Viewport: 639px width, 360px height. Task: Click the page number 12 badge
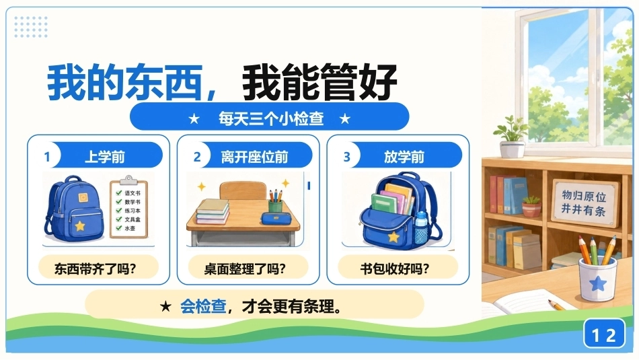[604, 334]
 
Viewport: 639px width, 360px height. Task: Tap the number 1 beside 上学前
[47, 157]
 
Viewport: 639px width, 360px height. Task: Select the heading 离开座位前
[254, 157]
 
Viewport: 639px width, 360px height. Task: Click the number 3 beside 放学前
[347, 157]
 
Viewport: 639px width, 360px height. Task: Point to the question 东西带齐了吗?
[95, 268]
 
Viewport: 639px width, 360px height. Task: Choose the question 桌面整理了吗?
[245, 268]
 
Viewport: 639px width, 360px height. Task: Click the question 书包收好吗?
[394, 268]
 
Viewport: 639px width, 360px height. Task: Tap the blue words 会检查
[203, 305]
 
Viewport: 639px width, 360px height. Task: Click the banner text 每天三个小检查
[271, 118]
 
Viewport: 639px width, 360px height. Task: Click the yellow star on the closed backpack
[80, 225]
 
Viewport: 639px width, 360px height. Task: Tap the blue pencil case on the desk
[276, 219]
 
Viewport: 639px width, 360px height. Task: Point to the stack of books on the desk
[213, 211]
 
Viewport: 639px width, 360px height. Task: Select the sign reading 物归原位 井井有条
[584, 203]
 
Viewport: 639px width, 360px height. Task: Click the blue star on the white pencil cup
[598, 283]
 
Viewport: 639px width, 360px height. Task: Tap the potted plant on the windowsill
[512, 137]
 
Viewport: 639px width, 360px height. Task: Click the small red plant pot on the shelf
[531, 207]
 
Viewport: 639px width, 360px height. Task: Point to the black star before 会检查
[165, 306]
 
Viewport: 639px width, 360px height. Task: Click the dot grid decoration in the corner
[31, 27]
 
